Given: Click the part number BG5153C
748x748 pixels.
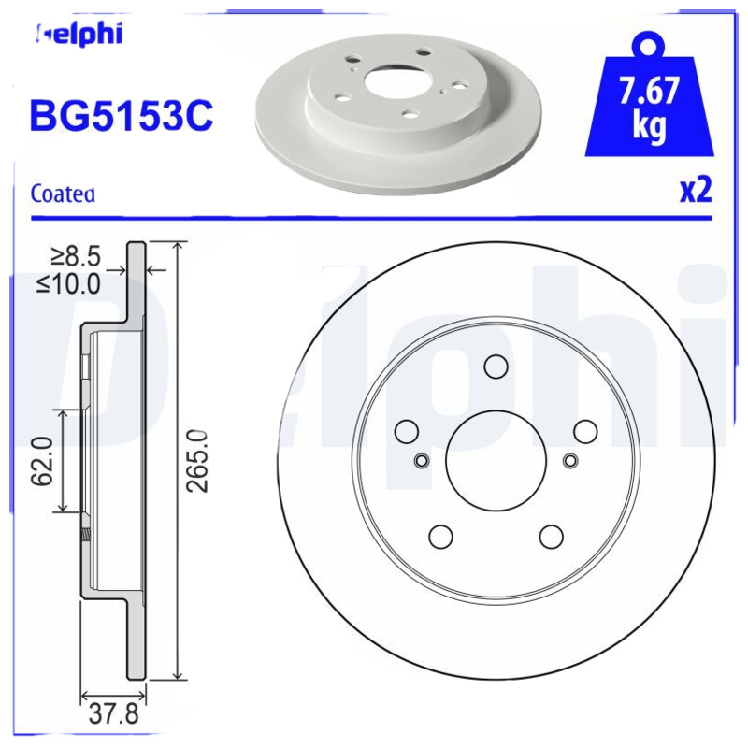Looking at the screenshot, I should (x=122, y=117).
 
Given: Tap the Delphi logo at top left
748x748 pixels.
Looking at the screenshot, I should (x=79, y=35).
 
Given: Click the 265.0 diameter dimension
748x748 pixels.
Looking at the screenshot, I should (x=197, y=460).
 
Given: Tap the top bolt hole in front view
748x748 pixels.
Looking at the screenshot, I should (x=496, y=367).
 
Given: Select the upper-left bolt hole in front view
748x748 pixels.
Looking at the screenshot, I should (x=407, y=431).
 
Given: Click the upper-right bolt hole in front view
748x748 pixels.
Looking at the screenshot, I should (x=585, y=431).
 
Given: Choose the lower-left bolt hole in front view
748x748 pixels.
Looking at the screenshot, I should (x=440, y=536).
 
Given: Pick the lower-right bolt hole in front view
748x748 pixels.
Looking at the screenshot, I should (x=552, y=536).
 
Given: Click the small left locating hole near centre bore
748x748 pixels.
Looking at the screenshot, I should (x=421, y=459).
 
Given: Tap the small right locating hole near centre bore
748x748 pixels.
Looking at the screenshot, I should (x=571, y=459).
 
